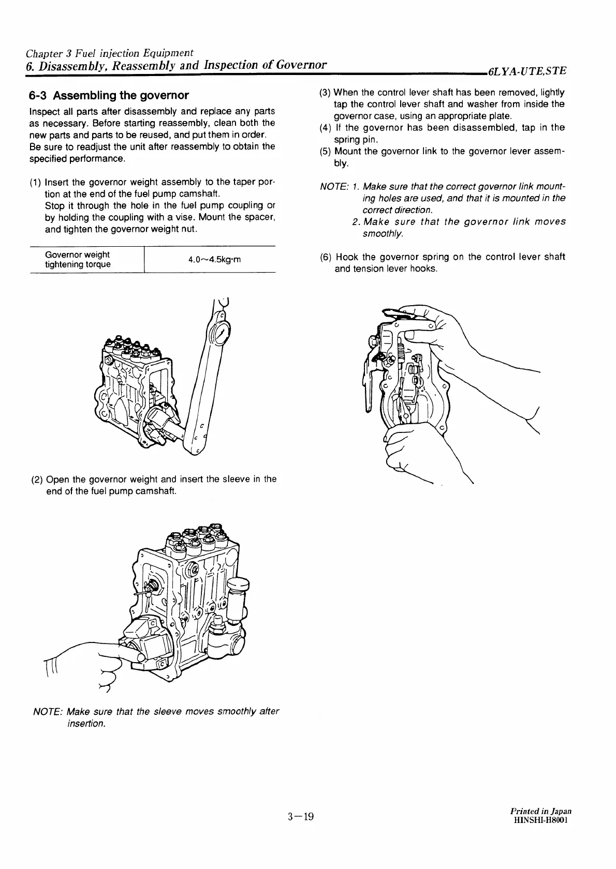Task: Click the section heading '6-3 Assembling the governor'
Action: point(109,96)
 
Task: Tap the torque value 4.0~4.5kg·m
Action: point(215,260)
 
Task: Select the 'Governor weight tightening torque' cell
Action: point(78,260)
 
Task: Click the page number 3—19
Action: point(301,817)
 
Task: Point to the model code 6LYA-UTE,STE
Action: point(527,70)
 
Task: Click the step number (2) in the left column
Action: point(36,480)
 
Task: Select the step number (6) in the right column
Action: point(326,257)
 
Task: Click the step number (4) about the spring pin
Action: point(326,128)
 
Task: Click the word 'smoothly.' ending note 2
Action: point(383,234)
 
